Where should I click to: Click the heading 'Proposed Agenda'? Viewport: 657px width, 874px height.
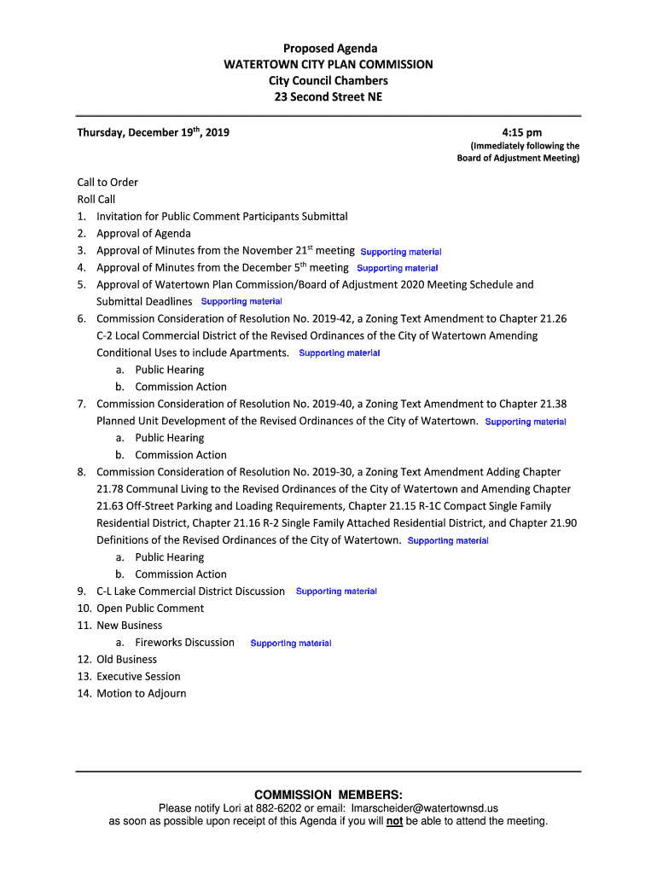tap(328, 49)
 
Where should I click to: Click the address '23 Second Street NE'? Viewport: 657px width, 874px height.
tap(328, 97)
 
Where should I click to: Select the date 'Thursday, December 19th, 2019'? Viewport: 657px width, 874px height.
tap(153, 132)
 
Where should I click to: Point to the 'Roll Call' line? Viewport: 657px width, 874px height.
tap(96, 199)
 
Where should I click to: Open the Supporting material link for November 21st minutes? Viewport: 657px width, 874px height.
tap(400, 252)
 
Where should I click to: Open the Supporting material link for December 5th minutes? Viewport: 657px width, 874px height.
tap(397, 269)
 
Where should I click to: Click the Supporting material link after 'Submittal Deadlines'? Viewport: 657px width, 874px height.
tap(241, 301)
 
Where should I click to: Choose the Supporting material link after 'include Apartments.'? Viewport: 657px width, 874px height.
tap(340, 353)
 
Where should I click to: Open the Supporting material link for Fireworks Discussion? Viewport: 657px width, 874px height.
tap(291, 643)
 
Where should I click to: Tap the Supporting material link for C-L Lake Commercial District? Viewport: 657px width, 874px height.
tap(336, 591)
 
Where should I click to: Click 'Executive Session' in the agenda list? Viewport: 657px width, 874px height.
tap(138, 677)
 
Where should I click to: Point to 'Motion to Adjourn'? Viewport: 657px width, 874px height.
tap(141, 694)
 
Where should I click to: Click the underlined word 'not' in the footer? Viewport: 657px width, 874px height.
tap(394, 822)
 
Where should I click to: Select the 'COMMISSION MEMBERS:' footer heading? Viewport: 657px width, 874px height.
tap(328, 795)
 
